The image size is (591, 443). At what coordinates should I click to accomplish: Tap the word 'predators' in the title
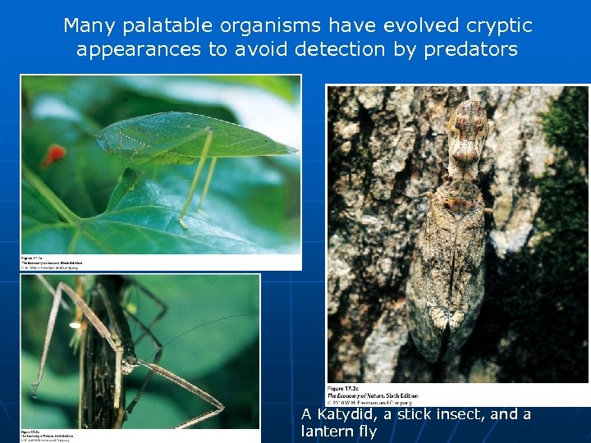pos(470,49)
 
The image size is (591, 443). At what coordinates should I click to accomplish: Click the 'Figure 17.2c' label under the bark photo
pos(345,387)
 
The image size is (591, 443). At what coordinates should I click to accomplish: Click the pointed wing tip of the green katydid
pos(293,151)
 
